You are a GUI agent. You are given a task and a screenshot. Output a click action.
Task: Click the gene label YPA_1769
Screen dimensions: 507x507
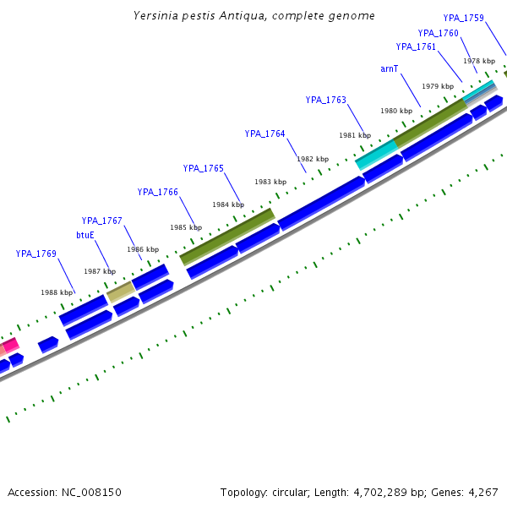click(35, 253)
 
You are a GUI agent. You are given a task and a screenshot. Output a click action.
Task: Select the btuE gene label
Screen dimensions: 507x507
click(85, 235)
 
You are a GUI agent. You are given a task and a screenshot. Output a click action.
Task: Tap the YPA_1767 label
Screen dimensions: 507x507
click(102, 221)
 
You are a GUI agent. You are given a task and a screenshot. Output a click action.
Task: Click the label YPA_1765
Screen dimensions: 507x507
click(204, 168)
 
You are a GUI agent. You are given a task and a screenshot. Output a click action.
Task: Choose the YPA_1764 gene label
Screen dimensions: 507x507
click(265, 134)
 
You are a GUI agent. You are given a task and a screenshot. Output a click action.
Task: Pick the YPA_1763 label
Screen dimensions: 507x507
click(326, 100)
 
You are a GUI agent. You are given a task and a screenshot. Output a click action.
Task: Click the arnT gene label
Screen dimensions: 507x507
click(389, 68)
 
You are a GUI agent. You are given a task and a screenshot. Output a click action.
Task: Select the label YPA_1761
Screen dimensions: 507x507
click(416, 47)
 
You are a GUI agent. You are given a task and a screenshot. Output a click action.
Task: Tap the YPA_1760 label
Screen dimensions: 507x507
click(438, 34)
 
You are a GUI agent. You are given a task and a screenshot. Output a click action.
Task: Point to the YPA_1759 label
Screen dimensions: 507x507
click(463, 18)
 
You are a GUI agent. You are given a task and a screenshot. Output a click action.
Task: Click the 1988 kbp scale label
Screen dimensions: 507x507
click(56, 292)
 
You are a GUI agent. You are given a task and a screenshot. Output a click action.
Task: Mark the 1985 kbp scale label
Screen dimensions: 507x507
click(185, 227)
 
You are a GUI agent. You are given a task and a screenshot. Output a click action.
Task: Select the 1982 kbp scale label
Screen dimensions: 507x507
click(312, 159)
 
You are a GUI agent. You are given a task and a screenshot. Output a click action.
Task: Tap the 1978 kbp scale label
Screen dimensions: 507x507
click(479, 61)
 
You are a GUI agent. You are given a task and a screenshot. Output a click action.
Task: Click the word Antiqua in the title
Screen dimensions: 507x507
click(238, 16)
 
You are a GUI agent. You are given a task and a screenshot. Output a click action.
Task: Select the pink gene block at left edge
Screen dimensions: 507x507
click(9, 345)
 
